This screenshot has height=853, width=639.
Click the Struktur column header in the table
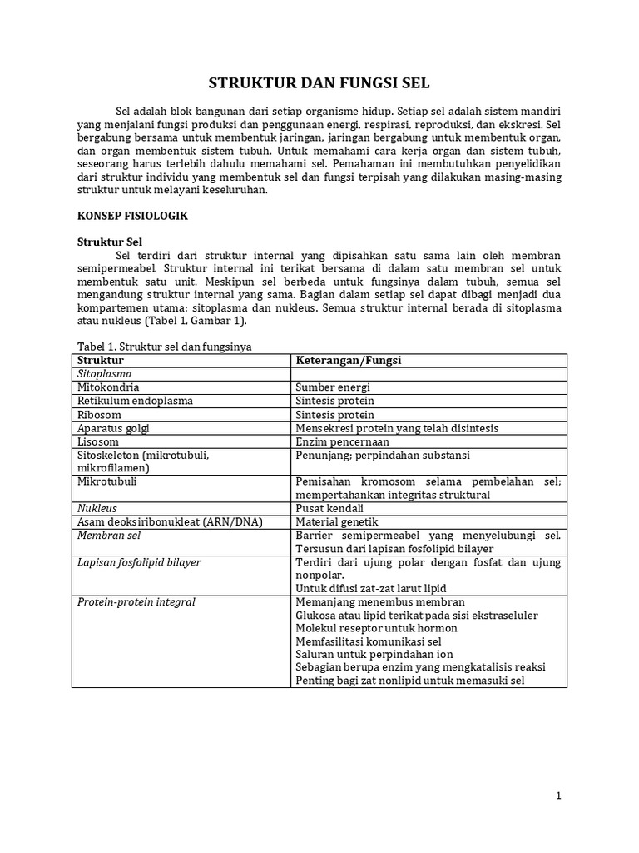[100, 360]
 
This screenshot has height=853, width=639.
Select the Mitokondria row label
[108, 387]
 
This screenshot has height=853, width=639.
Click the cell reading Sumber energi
[333, 387]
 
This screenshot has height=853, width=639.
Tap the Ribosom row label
[99, 415]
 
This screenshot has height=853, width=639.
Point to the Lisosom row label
[97, 441]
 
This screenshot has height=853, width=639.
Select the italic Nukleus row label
[97, 507]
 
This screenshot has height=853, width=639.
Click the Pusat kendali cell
[330, 507]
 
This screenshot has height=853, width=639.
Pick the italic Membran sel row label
[108, 535]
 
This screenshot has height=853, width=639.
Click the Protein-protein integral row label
[136, 601]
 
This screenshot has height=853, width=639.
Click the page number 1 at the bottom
[559, 796]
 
